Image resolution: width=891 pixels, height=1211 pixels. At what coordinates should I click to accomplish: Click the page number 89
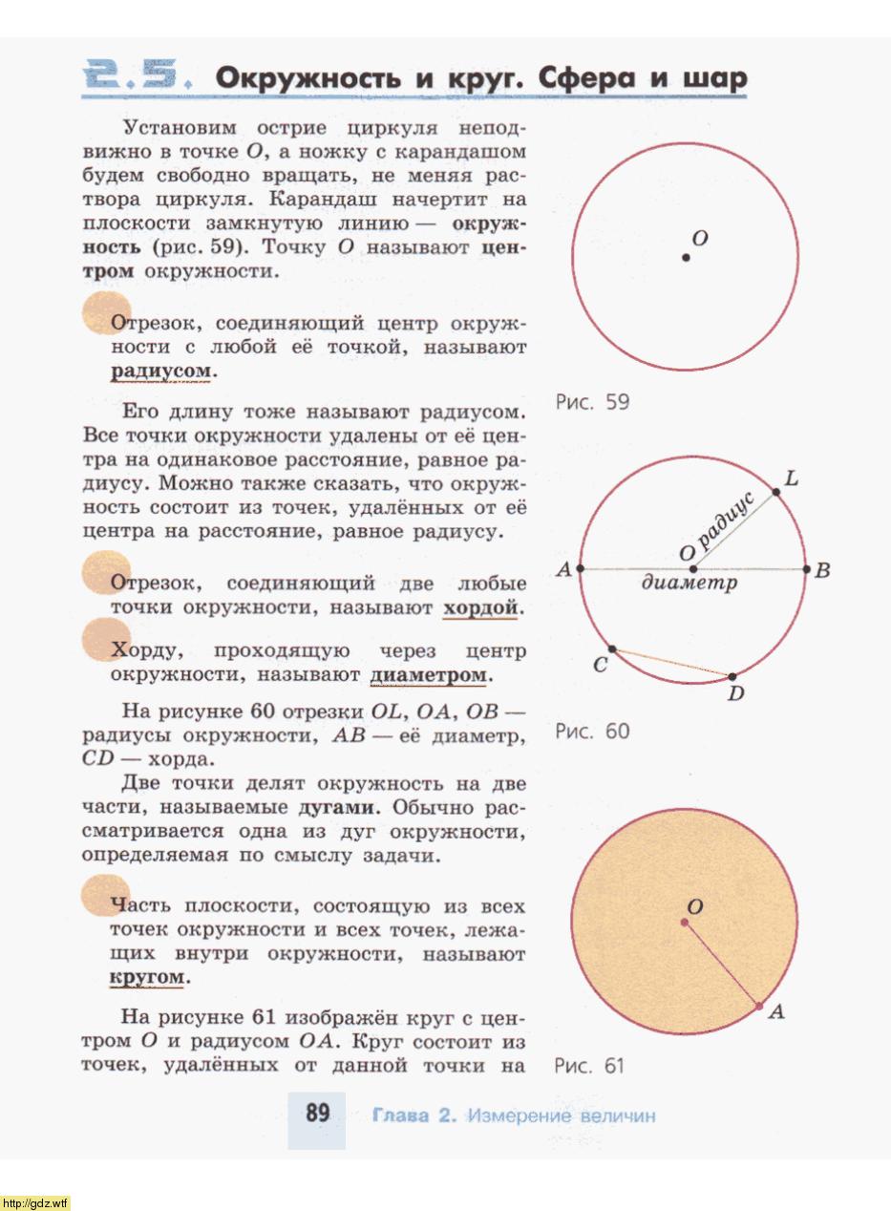[317, 1114]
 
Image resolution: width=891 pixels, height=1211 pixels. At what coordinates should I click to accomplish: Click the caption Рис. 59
[592, 402]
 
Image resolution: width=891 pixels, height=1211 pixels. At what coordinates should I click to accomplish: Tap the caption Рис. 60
[592, 732]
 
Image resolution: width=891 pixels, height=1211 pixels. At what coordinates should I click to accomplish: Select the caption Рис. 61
[589, 1066]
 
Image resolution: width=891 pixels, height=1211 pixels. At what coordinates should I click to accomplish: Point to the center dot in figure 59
[686, 257]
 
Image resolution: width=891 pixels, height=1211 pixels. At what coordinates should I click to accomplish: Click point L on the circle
[776, 491]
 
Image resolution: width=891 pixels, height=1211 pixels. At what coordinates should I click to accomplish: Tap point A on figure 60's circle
[581, 570]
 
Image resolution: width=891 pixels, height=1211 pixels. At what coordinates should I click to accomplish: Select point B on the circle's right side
[807, 570]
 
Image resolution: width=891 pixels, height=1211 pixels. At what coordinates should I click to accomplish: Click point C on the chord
[612, 649]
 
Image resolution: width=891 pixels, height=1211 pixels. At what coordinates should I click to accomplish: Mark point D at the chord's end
[732, 677]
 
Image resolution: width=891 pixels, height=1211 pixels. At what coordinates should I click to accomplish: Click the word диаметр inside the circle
[689, 583]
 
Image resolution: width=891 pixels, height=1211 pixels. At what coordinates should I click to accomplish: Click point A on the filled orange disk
[759, 1006]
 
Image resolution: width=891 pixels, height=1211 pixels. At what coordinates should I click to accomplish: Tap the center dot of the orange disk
[684, 922]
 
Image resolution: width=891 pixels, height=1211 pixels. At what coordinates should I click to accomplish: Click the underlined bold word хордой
[480, 608]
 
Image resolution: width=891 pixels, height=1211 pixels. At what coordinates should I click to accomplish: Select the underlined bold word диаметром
[429, 676]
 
